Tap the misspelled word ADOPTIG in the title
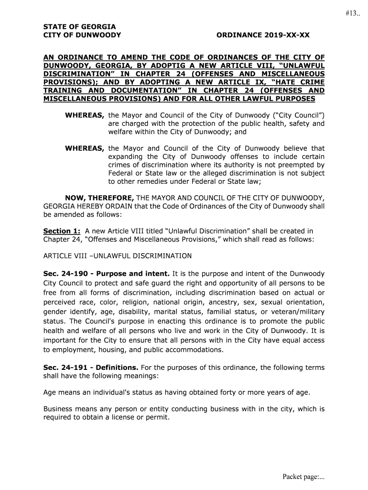pos(172,65)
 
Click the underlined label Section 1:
pos(62,231)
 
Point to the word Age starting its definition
pos(50,393)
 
